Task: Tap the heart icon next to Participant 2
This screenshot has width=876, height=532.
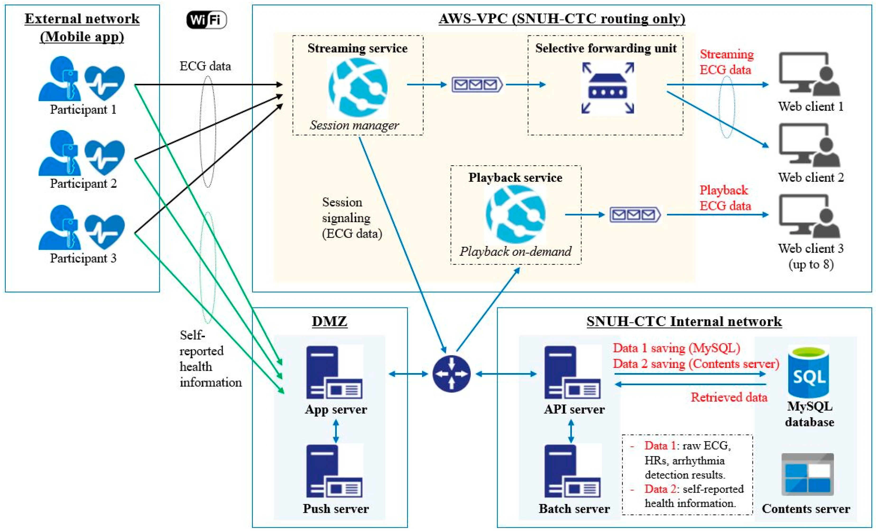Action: click(x=105, y=157)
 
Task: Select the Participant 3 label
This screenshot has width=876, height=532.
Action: click(x=83, y=258)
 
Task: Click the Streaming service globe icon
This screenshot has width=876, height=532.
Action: click(x=358, y=87)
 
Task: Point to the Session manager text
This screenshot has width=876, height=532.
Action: click(x=354, y=125)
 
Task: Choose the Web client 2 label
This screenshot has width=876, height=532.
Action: click(x=811, y=177)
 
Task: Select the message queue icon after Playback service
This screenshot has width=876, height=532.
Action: click(x=635, y=215)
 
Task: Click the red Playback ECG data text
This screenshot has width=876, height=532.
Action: click(x=725, y=198)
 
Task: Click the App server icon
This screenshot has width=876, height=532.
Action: click(x=334, y=372)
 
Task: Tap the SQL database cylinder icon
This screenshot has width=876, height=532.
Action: click(x=809, y=372)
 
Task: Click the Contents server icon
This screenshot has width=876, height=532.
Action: click(x=807, y=474)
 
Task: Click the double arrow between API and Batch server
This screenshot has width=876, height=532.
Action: click(x=571, y=431)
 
